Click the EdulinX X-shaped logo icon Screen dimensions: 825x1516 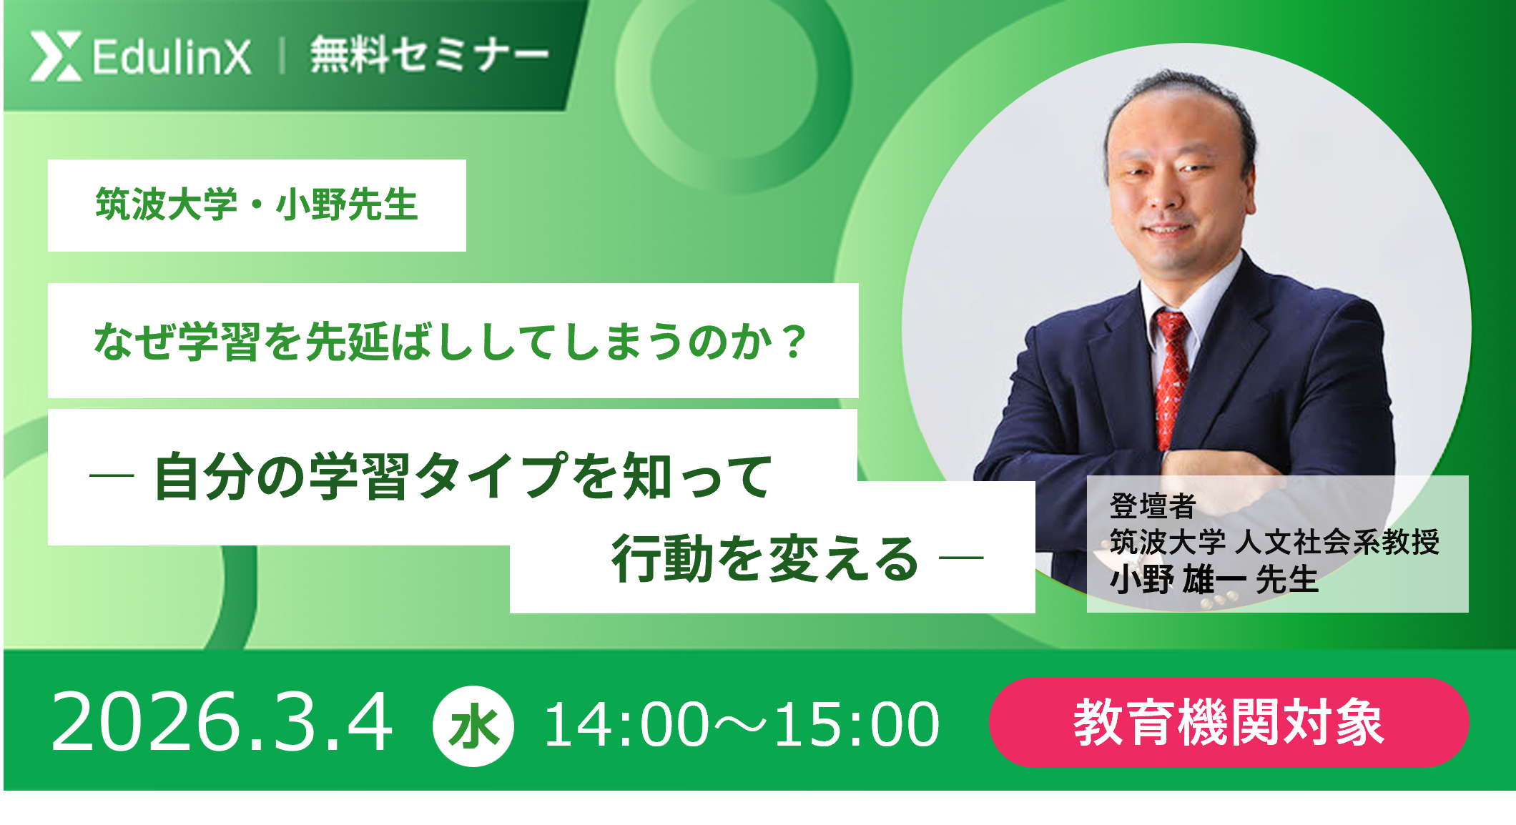click(56, 56)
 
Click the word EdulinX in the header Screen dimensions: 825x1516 click(172, 57)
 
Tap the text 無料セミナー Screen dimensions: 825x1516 click(429, 55)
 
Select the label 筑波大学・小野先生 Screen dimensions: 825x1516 click(257, 205)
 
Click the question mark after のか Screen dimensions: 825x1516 click(794, 342)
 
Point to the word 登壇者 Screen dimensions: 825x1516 click(1153, 506)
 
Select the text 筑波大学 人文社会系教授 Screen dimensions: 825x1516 click(1274, 542)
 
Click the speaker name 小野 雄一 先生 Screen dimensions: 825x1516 click(1214, 579)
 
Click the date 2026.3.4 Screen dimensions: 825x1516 click(222, 723)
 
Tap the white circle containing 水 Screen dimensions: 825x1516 click(473, 726)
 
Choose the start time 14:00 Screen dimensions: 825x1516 click(626, 725)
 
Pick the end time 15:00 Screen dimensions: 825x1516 click(857, 725)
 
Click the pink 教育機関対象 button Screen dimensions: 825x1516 click(1229, 723)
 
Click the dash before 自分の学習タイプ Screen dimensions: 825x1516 click(112, 475)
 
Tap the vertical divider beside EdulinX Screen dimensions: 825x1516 click(282, 56)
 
